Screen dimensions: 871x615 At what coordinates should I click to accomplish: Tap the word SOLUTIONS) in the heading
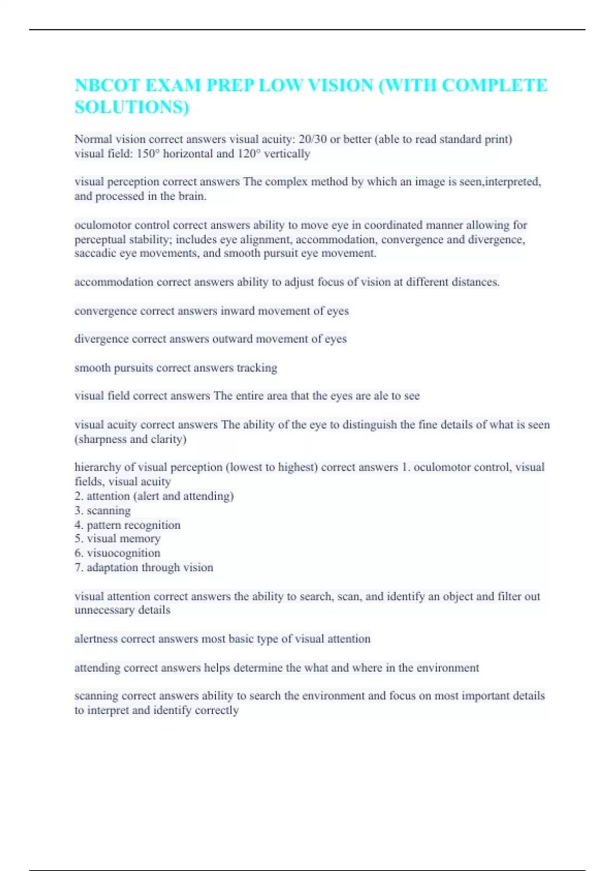tap(132, 107)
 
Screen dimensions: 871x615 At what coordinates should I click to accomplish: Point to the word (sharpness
tap(100, 439)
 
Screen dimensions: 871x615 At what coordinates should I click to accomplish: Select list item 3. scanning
tap(102, 511)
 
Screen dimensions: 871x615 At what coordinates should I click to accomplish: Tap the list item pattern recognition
tap(133, 525)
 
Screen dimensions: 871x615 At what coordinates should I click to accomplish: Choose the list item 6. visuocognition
tap(117, 553)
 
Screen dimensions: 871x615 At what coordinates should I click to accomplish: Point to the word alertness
tap(96, 639)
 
